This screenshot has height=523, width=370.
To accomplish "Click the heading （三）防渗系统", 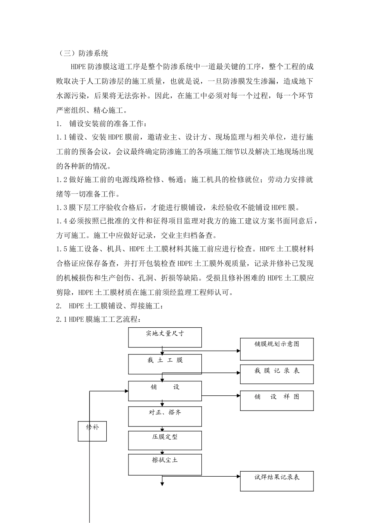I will click(82, 53).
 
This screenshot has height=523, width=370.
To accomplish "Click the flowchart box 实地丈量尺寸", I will click(165, 337).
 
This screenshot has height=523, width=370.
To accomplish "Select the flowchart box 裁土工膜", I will click(165, 364).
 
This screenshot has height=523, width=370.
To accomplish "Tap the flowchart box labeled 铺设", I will click(165, 391).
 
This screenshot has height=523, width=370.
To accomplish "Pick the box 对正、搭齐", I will click(165, 416).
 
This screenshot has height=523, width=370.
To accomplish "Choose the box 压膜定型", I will click(165, 441).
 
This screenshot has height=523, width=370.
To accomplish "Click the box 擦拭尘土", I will click(165, 465).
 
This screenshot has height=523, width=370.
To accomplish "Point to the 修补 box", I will click(92, 431).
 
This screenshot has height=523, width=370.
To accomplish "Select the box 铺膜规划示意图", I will click(277, 349).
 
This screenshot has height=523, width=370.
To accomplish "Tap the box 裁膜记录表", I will click(277, 374).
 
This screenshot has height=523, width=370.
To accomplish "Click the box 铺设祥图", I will click(277, 400).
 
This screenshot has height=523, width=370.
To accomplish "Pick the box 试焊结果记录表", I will click(277, 481).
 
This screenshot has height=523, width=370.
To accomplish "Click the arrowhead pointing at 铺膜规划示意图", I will click(238, 351).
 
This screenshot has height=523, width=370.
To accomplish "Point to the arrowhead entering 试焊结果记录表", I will click(238, 476).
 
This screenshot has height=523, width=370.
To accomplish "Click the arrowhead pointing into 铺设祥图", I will click(238, 396).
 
